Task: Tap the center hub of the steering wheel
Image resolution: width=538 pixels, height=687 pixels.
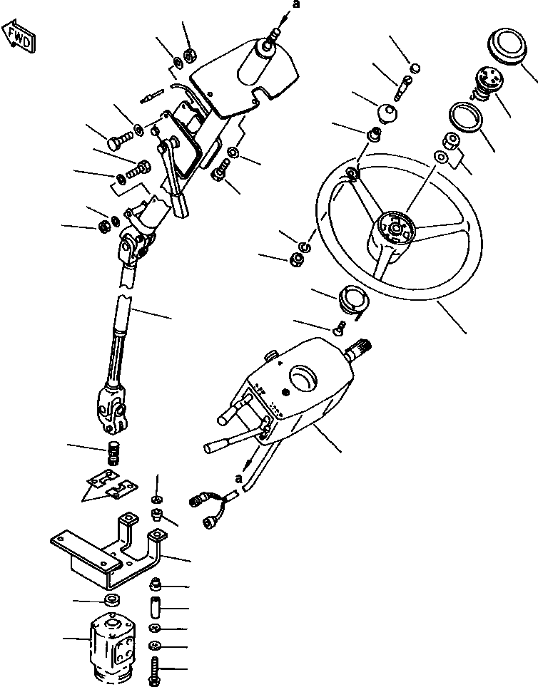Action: pos(395,229)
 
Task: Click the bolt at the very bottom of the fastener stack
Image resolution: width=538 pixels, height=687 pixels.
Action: pos(156,669)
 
